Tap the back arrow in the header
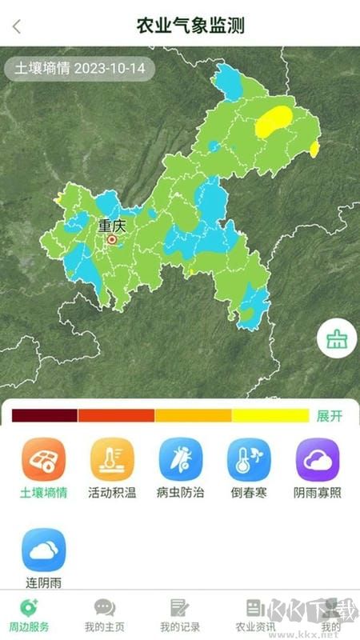(17, 26)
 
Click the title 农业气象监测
(190, 26)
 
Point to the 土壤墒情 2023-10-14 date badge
(80, 68)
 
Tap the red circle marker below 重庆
(112, 238)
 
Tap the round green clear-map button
(335, 340)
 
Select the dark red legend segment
(44, 415)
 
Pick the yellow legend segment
(270, 415)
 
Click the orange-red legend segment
(116, 415)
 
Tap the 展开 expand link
(330, 416)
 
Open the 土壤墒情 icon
(43, 459)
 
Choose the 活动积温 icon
(112, 459)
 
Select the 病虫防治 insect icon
(181, 459)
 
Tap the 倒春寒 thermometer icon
(249, 459)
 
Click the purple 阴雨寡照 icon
(318, 459)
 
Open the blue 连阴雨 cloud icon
(43, 550)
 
